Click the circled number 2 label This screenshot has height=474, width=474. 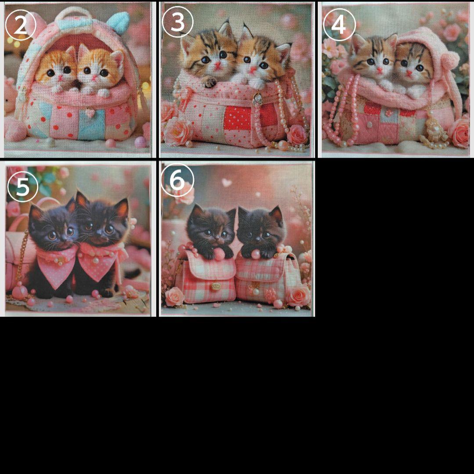click(x=21, y=25)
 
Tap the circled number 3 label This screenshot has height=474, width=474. click(x=178, y=22)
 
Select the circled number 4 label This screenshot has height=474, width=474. click(x=338, y=25)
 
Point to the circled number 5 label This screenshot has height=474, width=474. click(x=23, y=187)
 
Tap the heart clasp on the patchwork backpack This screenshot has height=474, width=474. click(x=90, y=112)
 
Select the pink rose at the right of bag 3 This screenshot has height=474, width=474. click(x=297, y=135)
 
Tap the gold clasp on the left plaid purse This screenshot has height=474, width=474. click(x=215, y=286)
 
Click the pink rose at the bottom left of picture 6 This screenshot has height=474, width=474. click(x=175, y=296)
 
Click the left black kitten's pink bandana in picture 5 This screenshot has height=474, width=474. click(x=57, y=266)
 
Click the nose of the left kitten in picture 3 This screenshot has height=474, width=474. click(x=217, y=64)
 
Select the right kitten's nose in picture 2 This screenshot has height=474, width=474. click(x=94, y=78)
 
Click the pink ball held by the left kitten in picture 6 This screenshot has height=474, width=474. click(x=219, y=254)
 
